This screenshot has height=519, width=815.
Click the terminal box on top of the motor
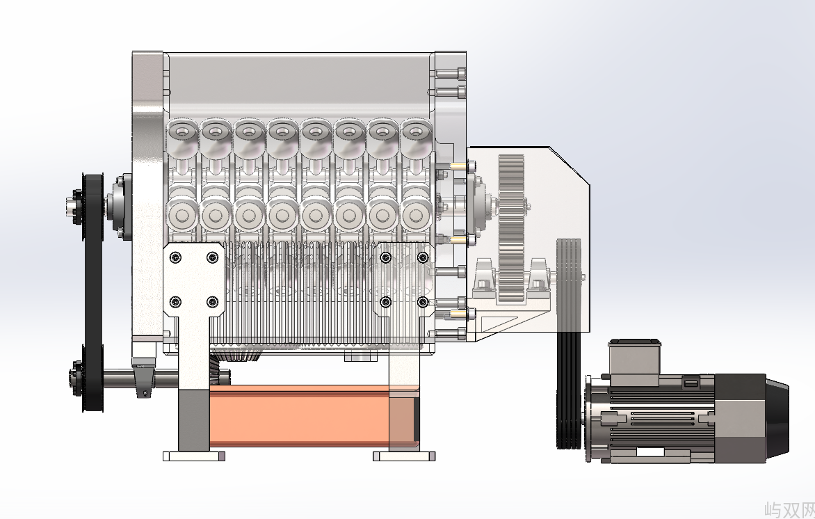point(634,362)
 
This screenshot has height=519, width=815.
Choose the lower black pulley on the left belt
point(93,378)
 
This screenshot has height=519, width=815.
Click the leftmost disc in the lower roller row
point(182,215)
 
